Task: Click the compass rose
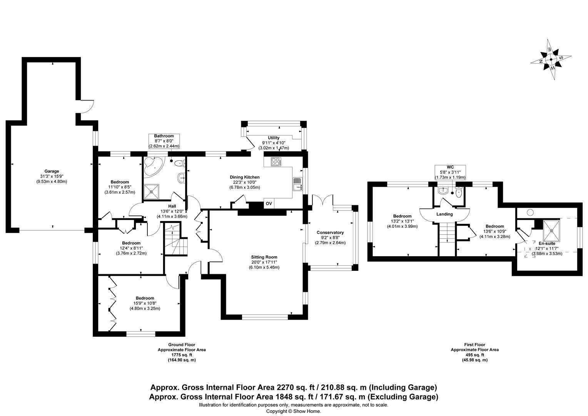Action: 551,60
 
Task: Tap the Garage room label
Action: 52,171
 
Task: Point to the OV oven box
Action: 269,203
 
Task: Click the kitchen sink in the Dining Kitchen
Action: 298,184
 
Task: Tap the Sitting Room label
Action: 264,257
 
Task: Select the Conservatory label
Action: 330,233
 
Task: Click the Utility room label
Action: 274,138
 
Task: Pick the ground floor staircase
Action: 175,240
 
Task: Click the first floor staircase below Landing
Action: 446,233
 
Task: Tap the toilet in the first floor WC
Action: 458,192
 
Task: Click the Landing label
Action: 444,214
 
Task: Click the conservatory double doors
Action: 322,201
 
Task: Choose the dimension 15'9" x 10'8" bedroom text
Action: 145,303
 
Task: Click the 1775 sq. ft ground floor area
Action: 182,355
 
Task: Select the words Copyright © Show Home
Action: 294,411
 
